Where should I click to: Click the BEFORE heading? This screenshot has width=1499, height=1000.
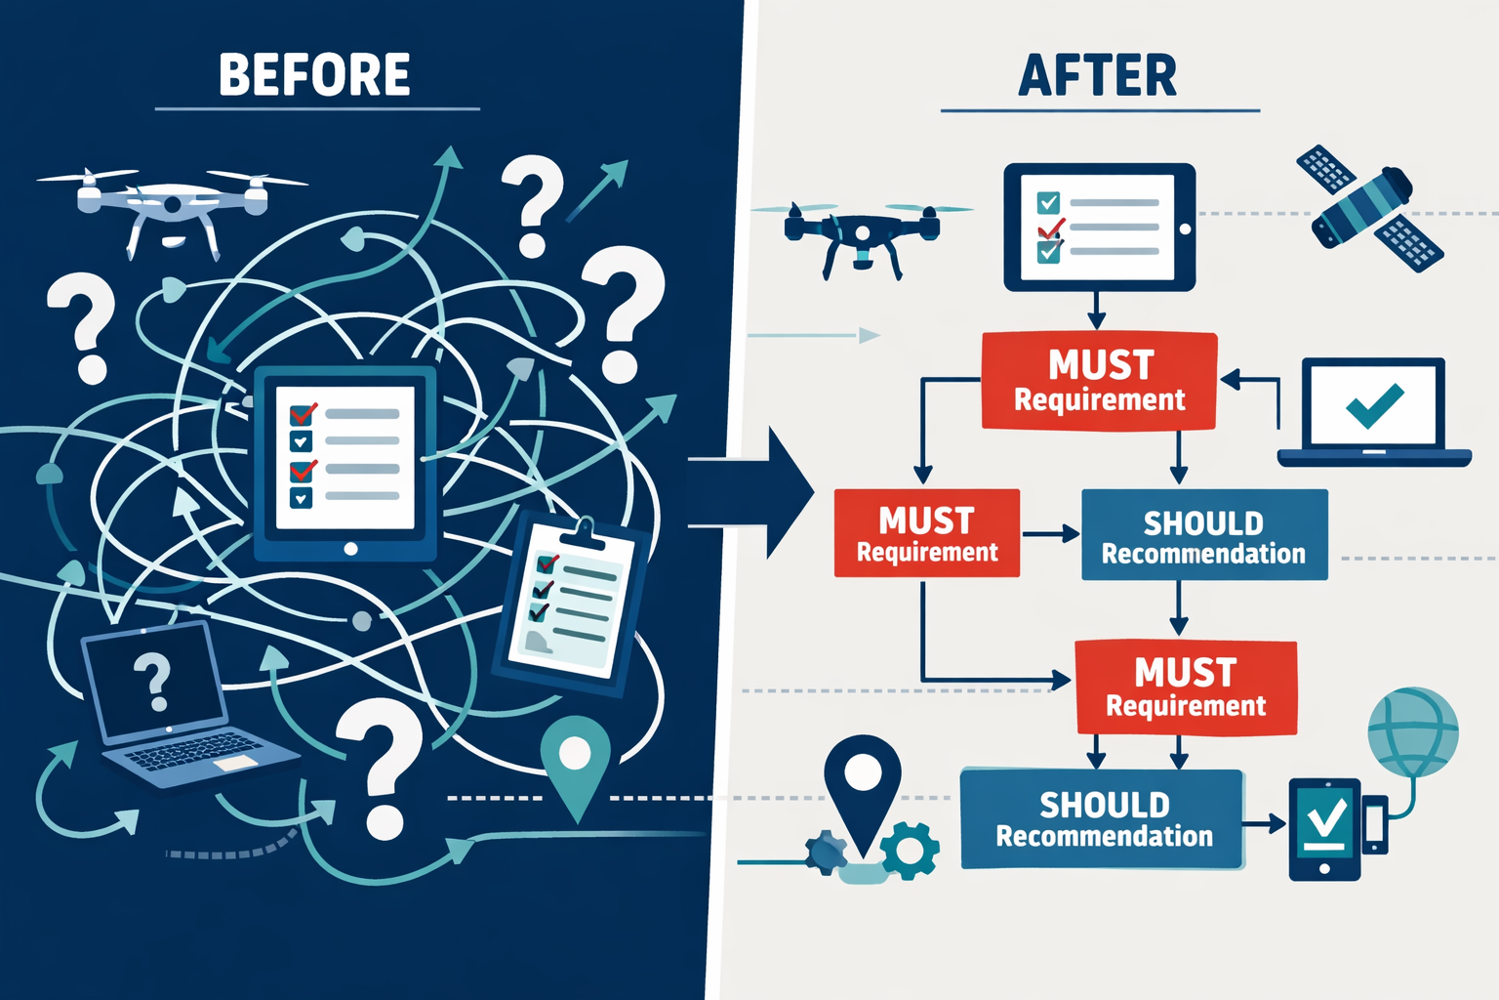point(314,75)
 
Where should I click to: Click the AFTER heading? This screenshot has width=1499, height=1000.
point(1098,76)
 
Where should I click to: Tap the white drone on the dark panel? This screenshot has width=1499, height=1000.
point(173,201)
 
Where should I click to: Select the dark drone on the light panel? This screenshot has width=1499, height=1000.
point(861,232)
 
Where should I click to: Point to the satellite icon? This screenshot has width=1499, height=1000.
point(1368,207)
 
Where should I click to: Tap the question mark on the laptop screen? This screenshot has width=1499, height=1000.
point(153,681)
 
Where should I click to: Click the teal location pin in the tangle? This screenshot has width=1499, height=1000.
point(575,763)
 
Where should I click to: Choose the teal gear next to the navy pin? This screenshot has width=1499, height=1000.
point(911,849)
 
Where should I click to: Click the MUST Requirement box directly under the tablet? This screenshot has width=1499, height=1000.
point(1099,381)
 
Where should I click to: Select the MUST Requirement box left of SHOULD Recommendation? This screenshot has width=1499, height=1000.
point(926,533)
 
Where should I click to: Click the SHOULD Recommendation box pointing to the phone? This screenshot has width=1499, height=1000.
point(1102,818)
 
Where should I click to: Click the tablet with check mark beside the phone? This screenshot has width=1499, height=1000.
point(1324,828)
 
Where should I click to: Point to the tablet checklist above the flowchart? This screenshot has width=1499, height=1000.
point(1098,228)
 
